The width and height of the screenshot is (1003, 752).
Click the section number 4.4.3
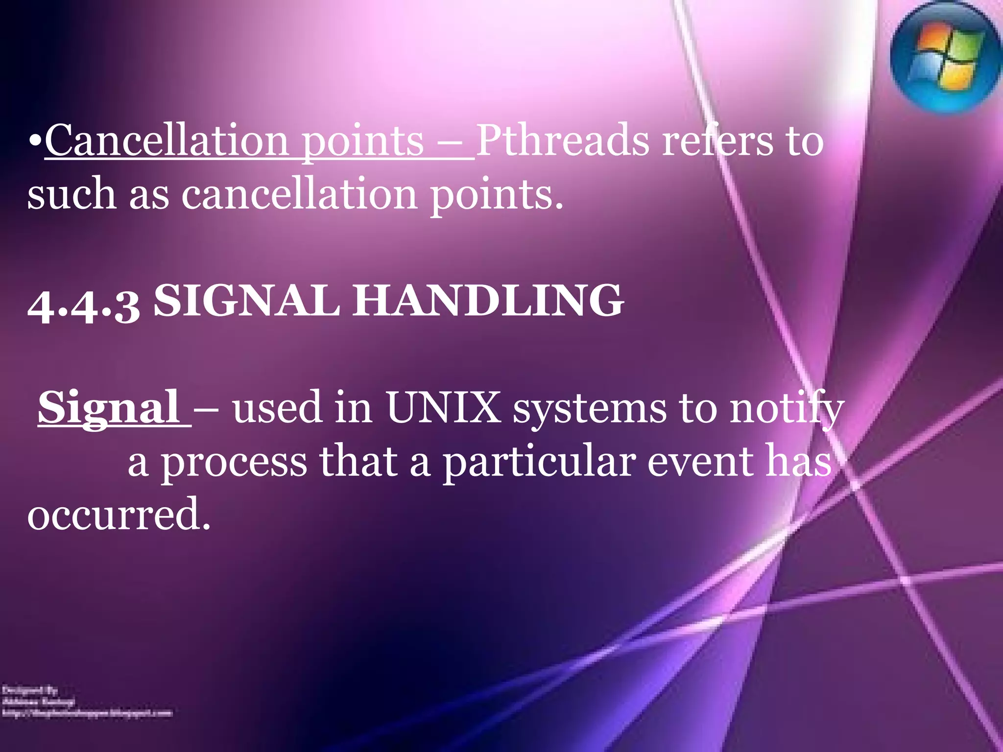point(84,305)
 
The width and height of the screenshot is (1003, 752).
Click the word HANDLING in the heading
point(488,300)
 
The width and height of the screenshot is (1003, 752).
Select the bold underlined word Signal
point(109,407)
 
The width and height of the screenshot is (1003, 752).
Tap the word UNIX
point(443,407)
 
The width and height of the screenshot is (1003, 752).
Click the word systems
point(589,408)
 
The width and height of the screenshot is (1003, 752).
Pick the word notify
point(787,408)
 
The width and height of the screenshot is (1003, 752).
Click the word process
point(234,462)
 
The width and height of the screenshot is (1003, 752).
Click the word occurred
point(119,514)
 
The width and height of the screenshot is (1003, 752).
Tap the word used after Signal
point(277,407)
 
